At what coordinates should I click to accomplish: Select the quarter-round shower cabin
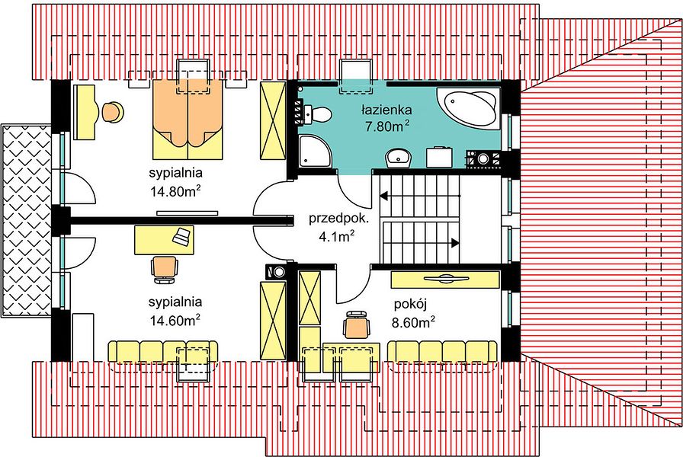pyautogui.click(x=315, y=151)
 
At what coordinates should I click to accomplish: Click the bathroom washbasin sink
pyautogui.click(x=399, y=158)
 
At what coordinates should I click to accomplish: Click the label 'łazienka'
pyautogui.click(x=386, y=109)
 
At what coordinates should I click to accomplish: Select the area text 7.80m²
pyautogui.click(x=387, y=126)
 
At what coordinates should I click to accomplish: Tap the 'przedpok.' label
pyautogui.click(x=338, y=218)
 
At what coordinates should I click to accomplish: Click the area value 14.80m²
pyautogui.click(x=175, y=190)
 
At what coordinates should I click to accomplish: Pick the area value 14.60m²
pyautogui.click(x=175, y=320)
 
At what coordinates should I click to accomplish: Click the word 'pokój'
pyautogui.click(x=410, y=304)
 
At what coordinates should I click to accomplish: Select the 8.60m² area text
pyautogui.click(x=413, y=322)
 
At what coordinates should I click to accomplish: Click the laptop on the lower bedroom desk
pyautogui.click(x=182, y=236)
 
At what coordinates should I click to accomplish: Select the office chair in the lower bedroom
pyautogui.click(x=164, y=270)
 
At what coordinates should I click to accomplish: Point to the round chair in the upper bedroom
pyautogui.click(x=113, y=112)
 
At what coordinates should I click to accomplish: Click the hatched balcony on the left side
pyautogui.click(x=26, y=221)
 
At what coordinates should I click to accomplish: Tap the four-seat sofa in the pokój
pyautogui.click(x=442, y=351)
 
